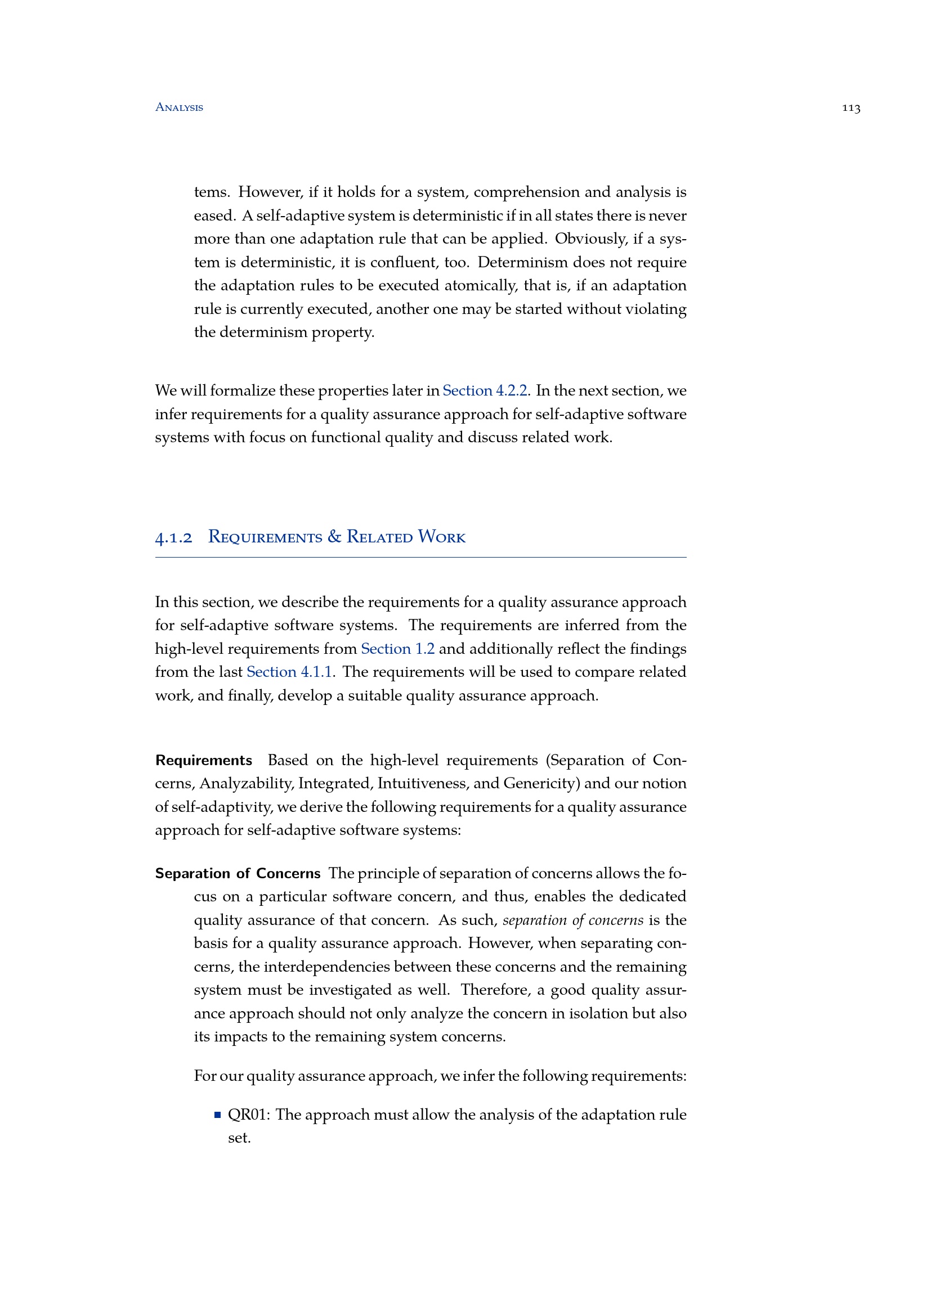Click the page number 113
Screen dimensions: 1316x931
coord(851,108)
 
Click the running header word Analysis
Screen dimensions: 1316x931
coord(179,107)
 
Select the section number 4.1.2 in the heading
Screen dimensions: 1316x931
coord(174,538)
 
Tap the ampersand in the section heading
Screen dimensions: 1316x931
coord(334,537)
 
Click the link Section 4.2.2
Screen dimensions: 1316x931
coord(485,390)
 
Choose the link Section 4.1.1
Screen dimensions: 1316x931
coord(289,672)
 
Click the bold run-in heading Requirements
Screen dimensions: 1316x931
coord(204,760)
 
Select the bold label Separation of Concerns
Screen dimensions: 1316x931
coord(238,873)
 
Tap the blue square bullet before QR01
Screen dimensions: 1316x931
coord(217,1115)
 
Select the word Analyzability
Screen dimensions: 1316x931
coord(245,784)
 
